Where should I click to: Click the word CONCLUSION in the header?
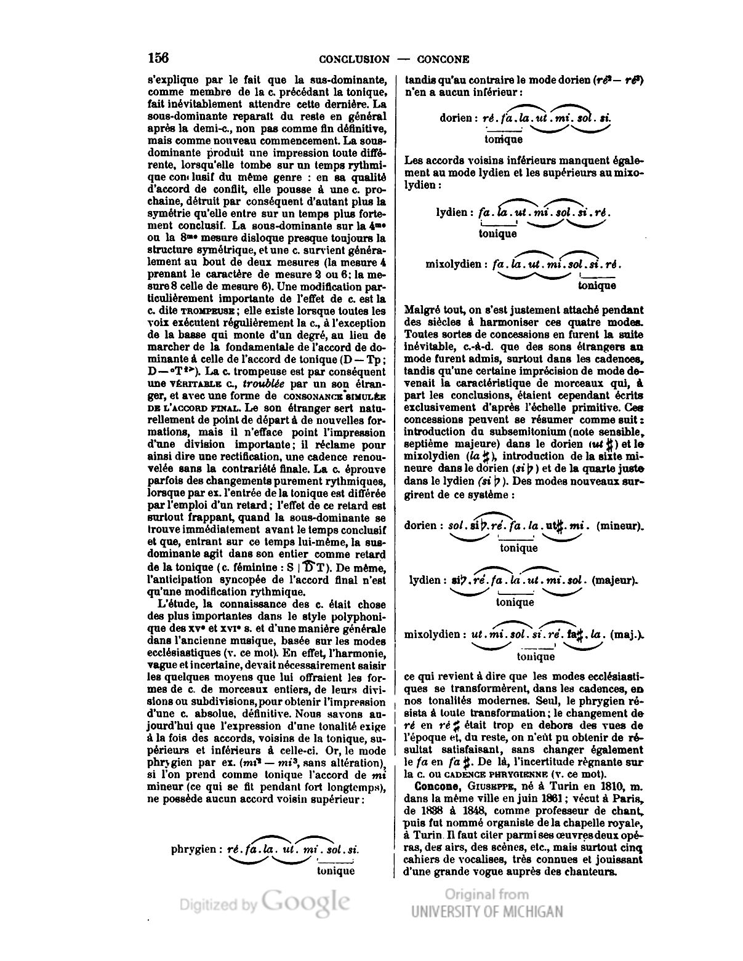click(354, 60)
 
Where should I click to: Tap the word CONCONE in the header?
click(443, 60)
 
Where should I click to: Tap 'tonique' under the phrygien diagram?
click(335, 871)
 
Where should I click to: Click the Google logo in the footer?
click(306, 901)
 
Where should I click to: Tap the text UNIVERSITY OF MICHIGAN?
click(487, 911)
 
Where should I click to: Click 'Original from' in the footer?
click(486, 894)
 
